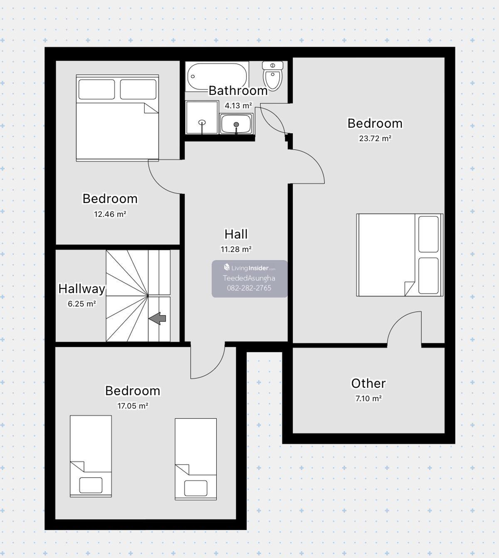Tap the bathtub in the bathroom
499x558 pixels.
tap(217, 77)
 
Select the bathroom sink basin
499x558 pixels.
tap(236, 124)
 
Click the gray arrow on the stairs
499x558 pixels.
tap(157, 318)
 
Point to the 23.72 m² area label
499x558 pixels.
tap(375, 138)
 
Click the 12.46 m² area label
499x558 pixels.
tap(110, 214)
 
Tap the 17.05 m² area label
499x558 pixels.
tap(133, 406)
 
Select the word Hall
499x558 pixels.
tap(236, 234)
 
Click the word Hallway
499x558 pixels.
tap(82, 289)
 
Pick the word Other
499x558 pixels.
tap(368, 383)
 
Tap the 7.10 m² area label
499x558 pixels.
tap(368, 399)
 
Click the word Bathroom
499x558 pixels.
tap(238, 91)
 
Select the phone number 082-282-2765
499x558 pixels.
tap(249, 288)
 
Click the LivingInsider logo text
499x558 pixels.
tap(249, 268)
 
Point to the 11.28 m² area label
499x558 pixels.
tap(236, 249)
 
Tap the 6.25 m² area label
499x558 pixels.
tap(82, 304)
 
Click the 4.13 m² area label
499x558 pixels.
tap(238, 106)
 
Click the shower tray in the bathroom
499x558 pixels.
tap(202, 118)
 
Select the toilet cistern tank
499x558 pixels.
tap(272, 66)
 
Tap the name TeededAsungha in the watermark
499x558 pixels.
tap(249, 278)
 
